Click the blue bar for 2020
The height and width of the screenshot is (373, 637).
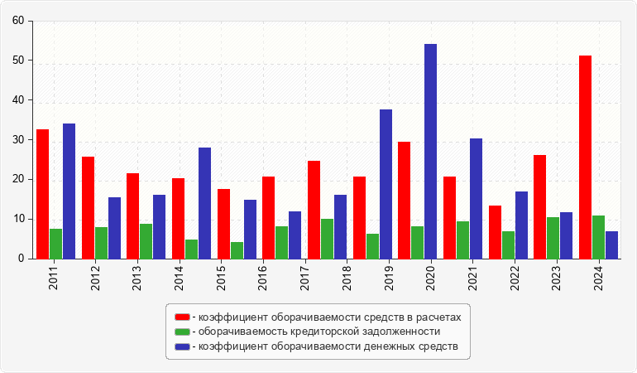pos(430,152)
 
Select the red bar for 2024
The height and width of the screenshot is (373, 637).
pos(586,157)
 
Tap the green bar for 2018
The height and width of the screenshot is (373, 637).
pos(328,239)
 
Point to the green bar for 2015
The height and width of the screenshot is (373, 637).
pos(237,250)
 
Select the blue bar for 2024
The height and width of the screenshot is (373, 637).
pos(611,245)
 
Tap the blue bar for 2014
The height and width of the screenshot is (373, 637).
pos(204,203)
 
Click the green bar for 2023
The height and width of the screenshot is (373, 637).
pos(553,238)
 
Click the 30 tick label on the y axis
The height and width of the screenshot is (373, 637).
pos(17,140)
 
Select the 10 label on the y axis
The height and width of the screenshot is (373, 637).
pos(17,220)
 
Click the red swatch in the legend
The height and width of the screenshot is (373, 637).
pos(182,317)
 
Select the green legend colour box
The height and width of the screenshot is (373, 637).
pos(182,332)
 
